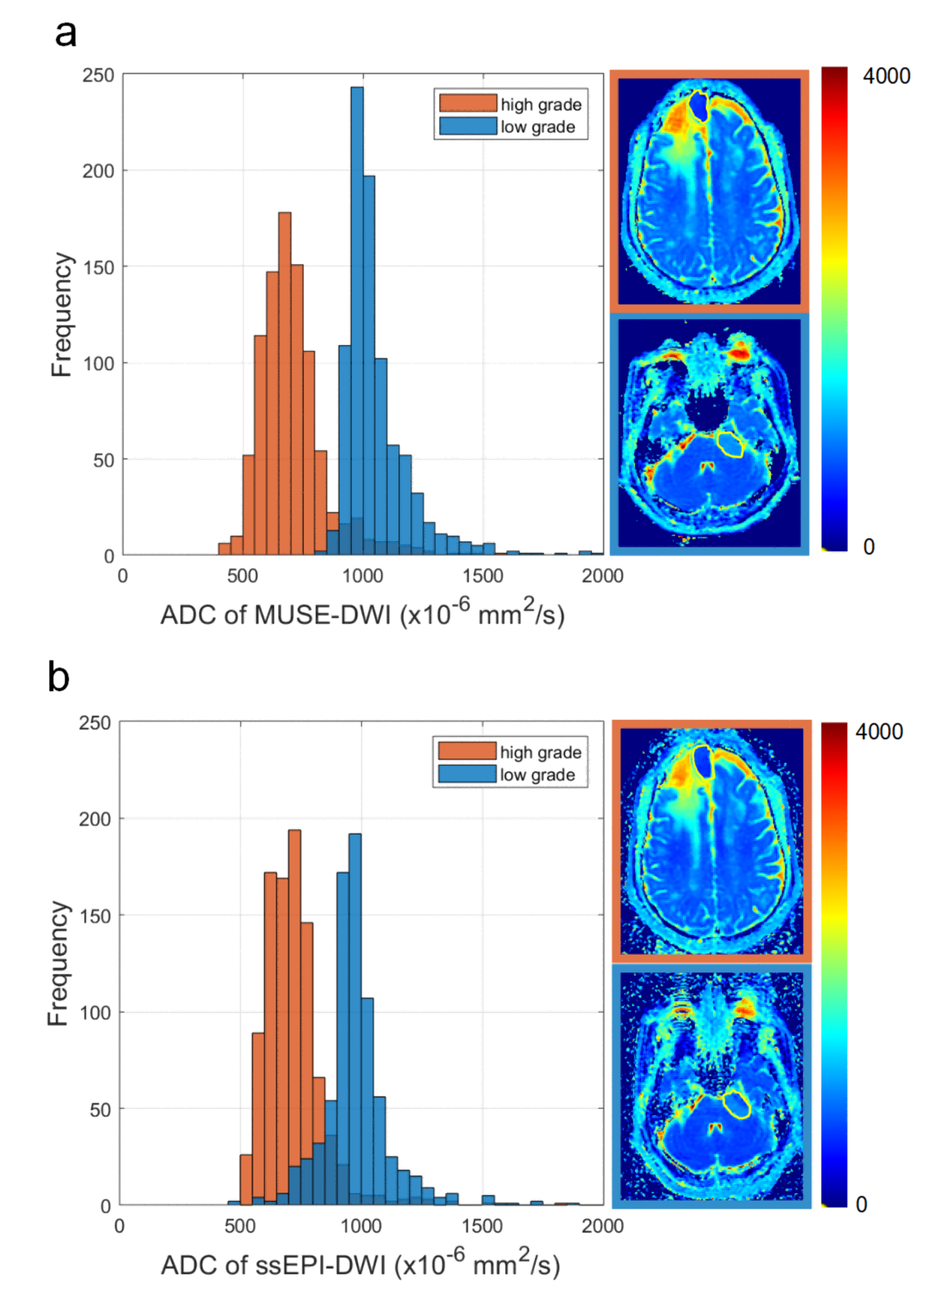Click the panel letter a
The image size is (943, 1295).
[66, 34]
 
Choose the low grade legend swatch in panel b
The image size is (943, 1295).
[467, 774]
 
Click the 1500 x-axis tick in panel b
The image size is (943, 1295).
[482, 1226]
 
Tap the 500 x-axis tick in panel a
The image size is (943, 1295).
[243, 576]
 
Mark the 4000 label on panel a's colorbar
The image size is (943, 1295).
[886, 76]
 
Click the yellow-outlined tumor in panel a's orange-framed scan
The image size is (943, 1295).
[699, 105]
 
